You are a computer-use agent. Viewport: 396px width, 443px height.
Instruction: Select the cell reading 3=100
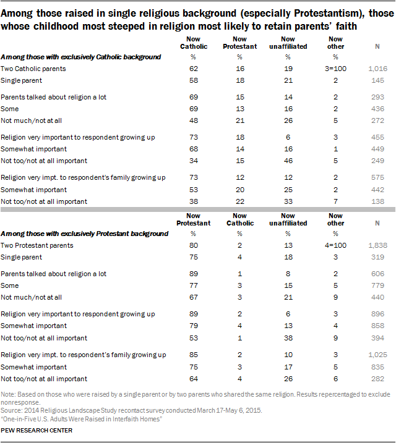pyautogui.click(x=338, y=69)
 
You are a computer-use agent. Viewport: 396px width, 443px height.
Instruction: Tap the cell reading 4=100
pyautogui.click(x=338, y=245)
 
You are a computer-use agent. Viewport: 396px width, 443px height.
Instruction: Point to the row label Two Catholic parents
pyautogui.click(x=33, y=69)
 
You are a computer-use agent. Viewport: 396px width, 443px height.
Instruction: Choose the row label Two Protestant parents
pyautogui.click(x=37, y=245)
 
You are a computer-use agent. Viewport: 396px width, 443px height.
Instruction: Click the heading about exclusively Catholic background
pyautogui.click(x=81, y=57)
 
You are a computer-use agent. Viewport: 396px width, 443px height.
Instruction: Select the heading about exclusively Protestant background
pyautogui.click(x=84, y=234)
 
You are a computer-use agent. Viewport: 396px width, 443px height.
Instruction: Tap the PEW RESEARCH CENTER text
pyautogui.click(x=37, y=430)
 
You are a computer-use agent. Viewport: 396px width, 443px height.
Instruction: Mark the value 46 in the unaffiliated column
pyautogui.click(x=289, y=161)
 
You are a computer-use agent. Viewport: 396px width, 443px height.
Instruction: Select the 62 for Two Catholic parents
pyautogui.click(x=194, y=69)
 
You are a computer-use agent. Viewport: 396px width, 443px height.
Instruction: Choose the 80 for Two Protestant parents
pyautogui.click(x=194, y=245)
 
